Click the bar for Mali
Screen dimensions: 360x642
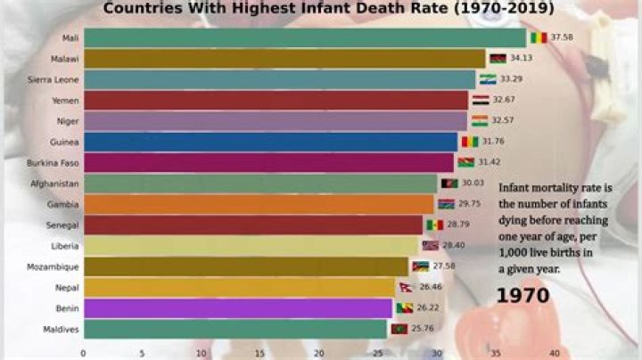tap(303, 38)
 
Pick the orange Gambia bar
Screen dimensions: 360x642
tap(258, 204)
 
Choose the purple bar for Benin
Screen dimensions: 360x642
tap(237, 308)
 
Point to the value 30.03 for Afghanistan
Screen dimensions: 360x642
tap(473, 184)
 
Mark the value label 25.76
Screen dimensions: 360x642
tap(423, 329)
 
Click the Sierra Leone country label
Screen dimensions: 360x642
tap(54, 79)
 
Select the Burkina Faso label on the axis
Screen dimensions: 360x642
tap(55, 163)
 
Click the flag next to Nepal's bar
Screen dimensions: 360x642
tap(406, 287)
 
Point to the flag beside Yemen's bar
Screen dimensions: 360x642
tap(480, 101)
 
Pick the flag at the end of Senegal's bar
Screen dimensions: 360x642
tap(434, 225)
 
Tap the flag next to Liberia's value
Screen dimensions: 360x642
tap(431, 246)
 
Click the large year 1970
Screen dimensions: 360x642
tap(523, 295)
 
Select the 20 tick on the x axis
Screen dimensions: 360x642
tap(319, 353)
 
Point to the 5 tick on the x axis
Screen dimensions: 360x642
tap(142, 353)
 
